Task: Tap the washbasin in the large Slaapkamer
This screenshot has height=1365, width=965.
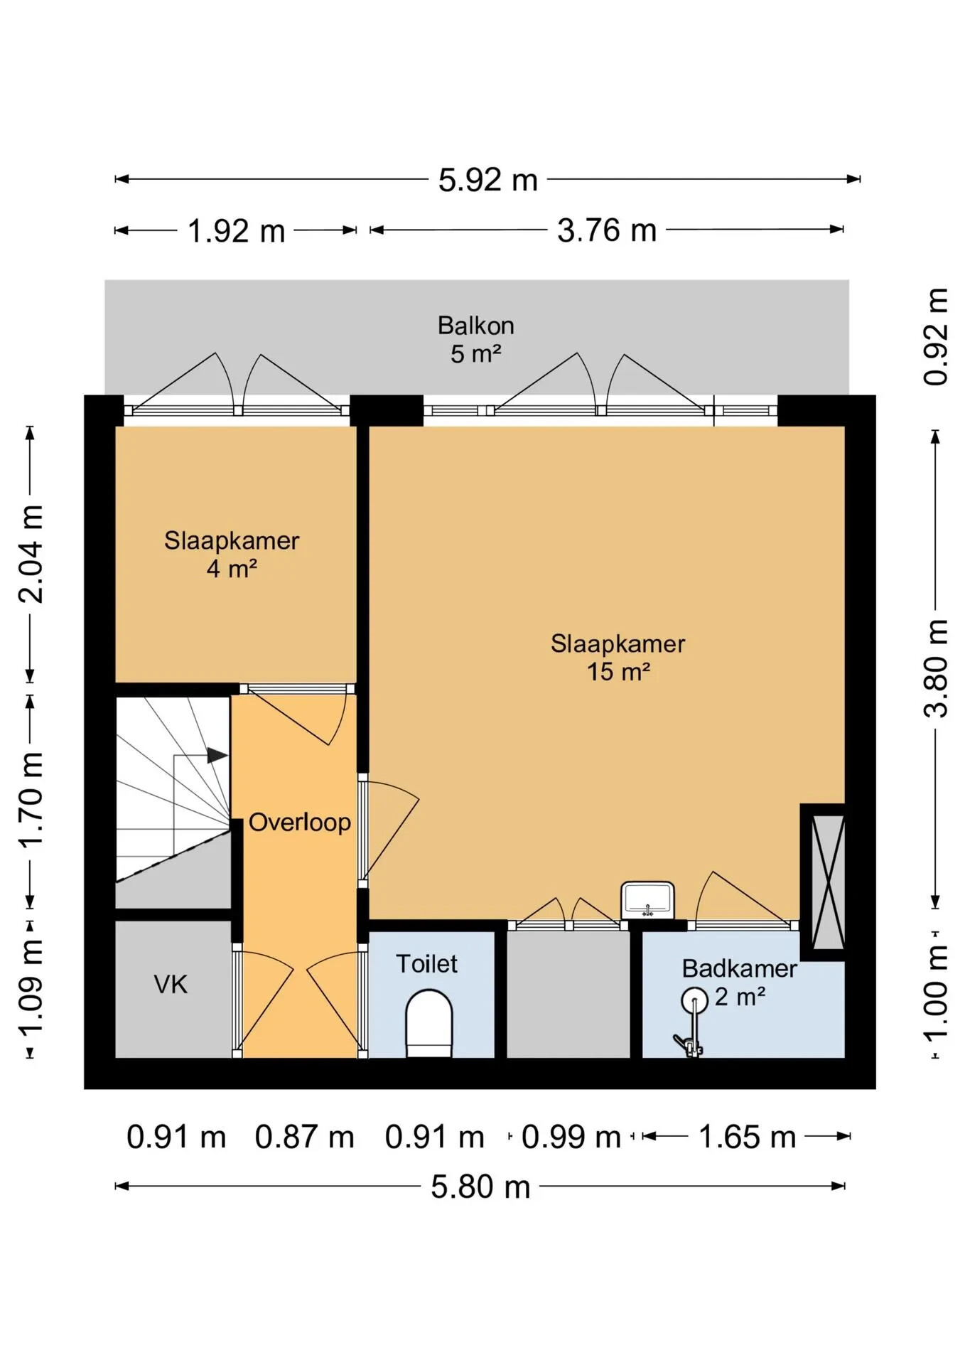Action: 647,900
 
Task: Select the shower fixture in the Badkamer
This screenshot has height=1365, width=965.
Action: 691,1023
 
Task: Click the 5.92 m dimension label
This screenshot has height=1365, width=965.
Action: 487,180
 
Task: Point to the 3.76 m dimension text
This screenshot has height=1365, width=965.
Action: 606,230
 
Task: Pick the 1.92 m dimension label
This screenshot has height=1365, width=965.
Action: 236,231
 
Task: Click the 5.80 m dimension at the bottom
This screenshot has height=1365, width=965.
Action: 480,1187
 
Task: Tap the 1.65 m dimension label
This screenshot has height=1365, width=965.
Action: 747,1137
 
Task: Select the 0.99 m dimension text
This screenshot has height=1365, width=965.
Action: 571,1137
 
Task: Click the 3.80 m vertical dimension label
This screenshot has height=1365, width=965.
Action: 935,668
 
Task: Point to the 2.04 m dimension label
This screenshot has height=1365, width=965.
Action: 31,554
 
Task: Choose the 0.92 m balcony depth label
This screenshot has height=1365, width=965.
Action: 935,337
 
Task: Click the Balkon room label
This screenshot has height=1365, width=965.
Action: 475,326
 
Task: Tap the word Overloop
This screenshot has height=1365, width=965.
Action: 299,823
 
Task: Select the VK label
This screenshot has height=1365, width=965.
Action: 171,985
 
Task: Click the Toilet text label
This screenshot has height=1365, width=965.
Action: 426,964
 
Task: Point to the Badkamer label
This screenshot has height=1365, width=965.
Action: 739,968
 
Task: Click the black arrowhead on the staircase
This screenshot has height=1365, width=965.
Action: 217,756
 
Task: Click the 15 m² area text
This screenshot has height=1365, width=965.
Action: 618,672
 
